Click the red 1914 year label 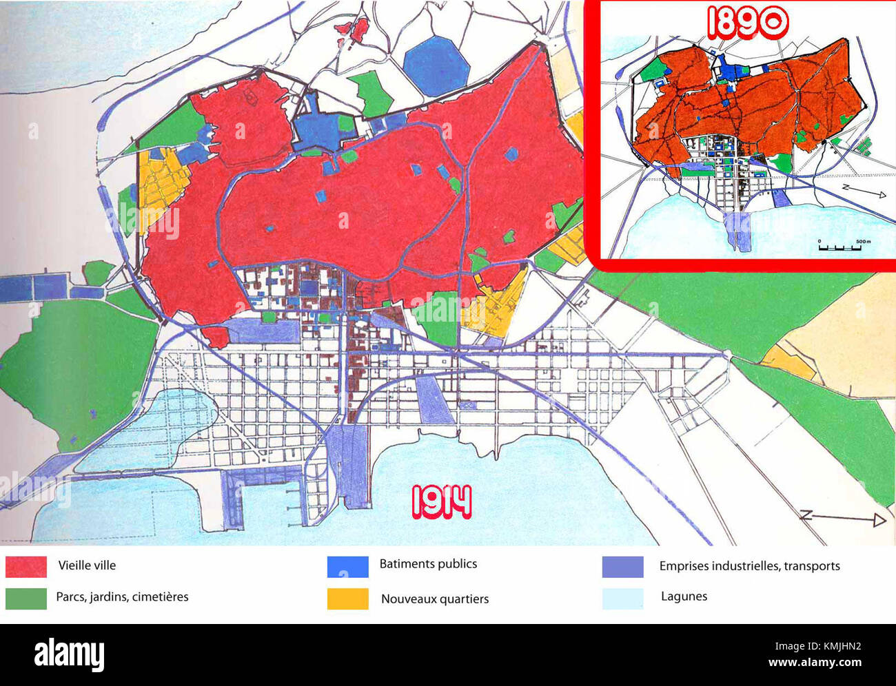coord(442,502)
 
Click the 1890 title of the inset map coord(747,23)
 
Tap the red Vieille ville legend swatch coord(26,567)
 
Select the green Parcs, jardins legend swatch coord(26,598)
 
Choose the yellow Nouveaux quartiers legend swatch coord(347,599)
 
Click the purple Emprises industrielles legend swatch coord(622,566)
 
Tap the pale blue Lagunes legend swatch coord(622,598)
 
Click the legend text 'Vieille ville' coord(87,565)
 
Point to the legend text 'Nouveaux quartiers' coord(435,599)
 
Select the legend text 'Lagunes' coord(684,596)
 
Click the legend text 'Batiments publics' coord(428,564)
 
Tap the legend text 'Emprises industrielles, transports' coord(749,566)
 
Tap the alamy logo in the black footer coord(69,654)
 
